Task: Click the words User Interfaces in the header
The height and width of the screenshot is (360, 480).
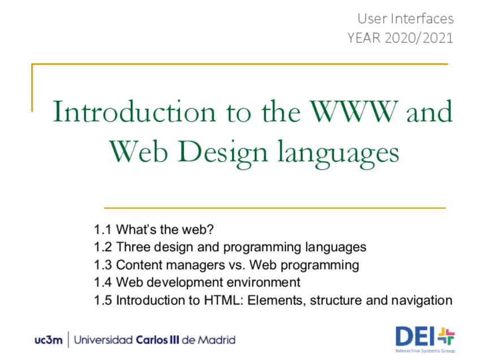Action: tap(405, 19)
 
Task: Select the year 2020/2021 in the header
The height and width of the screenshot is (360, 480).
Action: tap(419, 38)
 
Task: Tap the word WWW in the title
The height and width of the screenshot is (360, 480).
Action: tap(354, 111)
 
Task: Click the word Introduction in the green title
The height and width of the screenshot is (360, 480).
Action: tap(134, 112)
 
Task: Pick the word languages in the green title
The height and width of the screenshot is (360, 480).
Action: tap(338, 153)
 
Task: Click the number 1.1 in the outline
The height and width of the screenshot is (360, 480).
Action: tap(102, 230)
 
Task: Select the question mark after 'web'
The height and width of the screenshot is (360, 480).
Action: tap(210, 229)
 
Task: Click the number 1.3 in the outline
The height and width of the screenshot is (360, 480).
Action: tap(102, 265)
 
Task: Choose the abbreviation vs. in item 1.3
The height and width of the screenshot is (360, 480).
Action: tap(237, 265)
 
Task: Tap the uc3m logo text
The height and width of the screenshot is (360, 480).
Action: tap(49, 340)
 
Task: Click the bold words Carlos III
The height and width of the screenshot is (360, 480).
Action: tap(157, 340)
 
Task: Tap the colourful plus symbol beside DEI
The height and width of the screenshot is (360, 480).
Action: tap(447, 336)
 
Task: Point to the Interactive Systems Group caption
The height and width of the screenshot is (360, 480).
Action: tap(425, 351)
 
